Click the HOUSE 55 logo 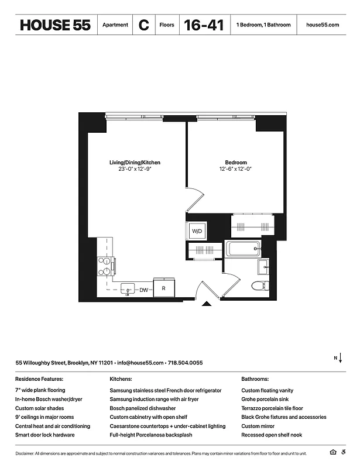55,25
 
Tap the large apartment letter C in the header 143,25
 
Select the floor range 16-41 203,25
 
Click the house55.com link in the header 323,25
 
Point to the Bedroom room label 236,163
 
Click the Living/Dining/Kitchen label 135,163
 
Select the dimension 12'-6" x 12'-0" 236,170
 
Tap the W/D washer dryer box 197,232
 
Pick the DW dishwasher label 143,289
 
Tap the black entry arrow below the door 206,304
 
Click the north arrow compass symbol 340,357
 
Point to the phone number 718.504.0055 185,363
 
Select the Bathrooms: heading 255,378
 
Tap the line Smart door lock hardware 44,435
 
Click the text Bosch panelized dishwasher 143,408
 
